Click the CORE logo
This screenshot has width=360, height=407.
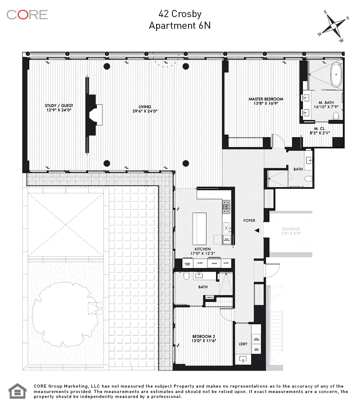pyautogui.click(x=27, y=14)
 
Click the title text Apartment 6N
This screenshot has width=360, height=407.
pyautogui.click(x=180, y=26)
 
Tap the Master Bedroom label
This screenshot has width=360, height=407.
pyautogui.click(x=265, y=99)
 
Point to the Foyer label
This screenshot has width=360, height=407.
pyautogui.click(x=249, y=221)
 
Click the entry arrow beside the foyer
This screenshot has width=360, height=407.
pyautogui.click(x=256, y=230)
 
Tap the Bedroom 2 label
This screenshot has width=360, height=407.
pyautogui.click(x=199, y=336)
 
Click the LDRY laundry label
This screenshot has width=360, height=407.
pyautogui.click(x=243, y=344)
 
